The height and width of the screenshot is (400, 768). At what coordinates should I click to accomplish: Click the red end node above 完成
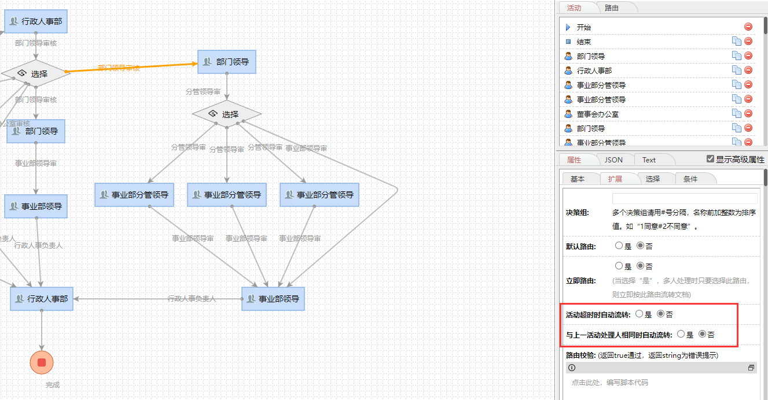point(42,362)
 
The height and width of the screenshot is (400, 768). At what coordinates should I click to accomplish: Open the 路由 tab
point(612,8)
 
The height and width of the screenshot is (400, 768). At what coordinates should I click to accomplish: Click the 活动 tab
point(574,8)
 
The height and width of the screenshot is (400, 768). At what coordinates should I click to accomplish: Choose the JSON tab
point(613,160)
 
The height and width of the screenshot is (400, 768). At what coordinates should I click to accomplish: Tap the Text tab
point(649,160)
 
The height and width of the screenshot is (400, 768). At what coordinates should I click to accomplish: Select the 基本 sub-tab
point(578,179)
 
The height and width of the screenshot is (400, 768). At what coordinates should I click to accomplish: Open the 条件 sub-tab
point(690,179)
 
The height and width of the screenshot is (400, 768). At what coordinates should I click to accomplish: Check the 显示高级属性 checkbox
point(710,159)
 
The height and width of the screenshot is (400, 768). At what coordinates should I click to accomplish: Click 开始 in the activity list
point(584,27)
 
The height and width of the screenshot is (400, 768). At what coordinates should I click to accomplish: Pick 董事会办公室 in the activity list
point(598,114)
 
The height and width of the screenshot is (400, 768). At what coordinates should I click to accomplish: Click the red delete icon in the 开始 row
point(748,27)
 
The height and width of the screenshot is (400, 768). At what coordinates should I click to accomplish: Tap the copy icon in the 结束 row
point(736,41)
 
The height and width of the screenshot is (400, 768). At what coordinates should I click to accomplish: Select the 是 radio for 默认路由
point(619,246)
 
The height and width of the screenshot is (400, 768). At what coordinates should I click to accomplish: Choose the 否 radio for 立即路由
point(640,266)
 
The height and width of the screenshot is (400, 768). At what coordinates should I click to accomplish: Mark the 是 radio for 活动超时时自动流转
point(639,314)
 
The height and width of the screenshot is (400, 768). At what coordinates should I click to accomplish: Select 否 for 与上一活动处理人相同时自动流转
point(702,334)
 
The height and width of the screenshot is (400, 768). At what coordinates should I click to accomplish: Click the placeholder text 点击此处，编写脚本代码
point(609,382)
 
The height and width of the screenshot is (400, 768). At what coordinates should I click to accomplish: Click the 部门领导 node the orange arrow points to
point(227,62)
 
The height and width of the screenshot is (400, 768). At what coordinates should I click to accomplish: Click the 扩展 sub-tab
point(615,179)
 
